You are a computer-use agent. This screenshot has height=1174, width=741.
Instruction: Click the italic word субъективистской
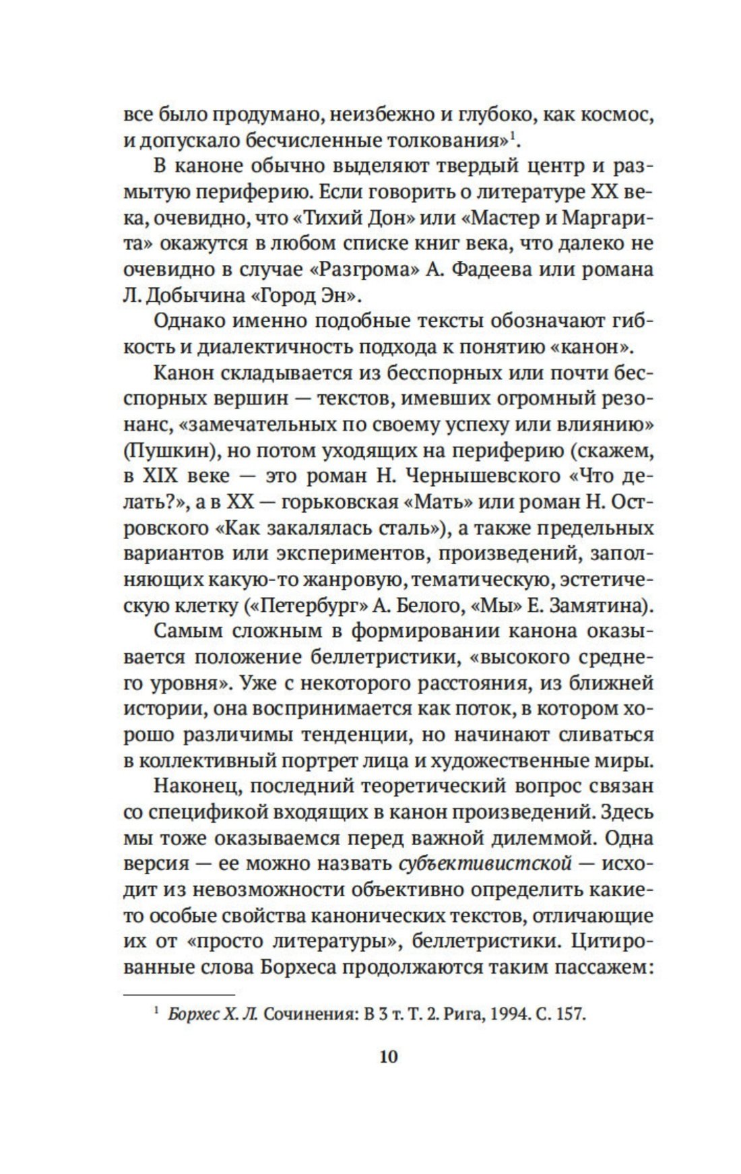tap(486, 863)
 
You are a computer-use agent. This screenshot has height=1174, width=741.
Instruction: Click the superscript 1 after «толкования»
tap(512, 137)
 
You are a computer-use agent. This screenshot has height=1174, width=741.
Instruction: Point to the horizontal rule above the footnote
tap(179, 994)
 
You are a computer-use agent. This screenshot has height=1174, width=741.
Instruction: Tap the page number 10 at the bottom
tap(389, 1056)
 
